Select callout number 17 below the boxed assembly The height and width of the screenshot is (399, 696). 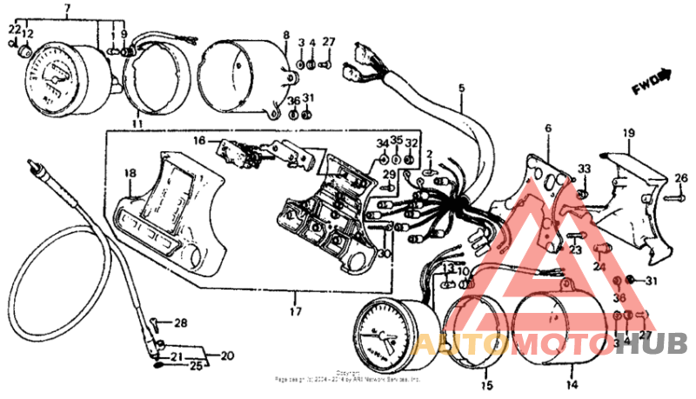[x=295, y=311]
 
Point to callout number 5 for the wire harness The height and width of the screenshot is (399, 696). [x=461, y=87]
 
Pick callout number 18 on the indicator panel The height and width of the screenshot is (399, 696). [x=130, y=174]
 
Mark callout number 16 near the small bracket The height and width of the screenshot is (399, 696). [x=199, y=139]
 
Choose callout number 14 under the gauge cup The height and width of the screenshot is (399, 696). [x=572, y=383]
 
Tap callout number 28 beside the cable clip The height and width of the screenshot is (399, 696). [x=180, y=323]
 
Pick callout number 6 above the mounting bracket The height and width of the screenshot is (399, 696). [x=548, y=129]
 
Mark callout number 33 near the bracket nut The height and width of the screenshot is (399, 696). [x=585, y=169]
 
